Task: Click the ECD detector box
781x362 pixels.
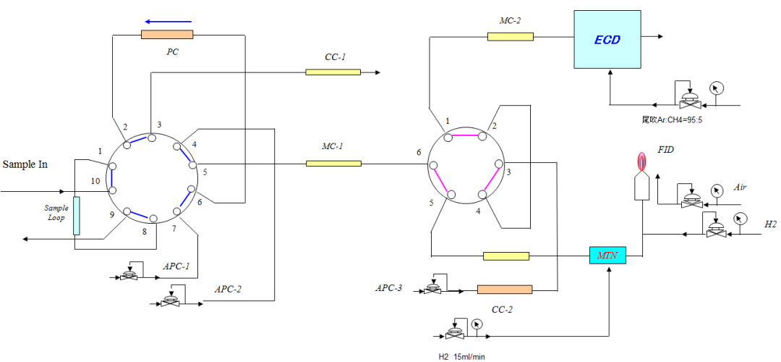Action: pos(607,39)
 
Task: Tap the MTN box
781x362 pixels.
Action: pos(607,255)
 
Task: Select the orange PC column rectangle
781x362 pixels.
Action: pos(167,33)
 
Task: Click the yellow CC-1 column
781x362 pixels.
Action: pos(333,72)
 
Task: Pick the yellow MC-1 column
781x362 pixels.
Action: pos(333,164)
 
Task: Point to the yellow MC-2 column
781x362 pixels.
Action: pos(510,36)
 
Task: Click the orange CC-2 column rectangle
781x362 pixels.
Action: pos(504,290)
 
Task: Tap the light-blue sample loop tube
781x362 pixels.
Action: pos(76,216)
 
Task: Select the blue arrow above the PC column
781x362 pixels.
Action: pos(167,21)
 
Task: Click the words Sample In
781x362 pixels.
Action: pos(25,164)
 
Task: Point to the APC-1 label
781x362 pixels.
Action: pos(176,266)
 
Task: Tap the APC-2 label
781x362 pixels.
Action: pos(228,289)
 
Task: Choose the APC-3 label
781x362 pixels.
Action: pos(388,287)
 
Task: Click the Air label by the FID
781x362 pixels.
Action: pos(740,187)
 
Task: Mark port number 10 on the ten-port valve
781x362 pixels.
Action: pos(95,181)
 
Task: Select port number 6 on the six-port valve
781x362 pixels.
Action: pos(418,152)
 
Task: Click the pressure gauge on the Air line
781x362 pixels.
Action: pos(717,190)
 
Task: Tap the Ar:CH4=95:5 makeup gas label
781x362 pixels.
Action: pos(672,119)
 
